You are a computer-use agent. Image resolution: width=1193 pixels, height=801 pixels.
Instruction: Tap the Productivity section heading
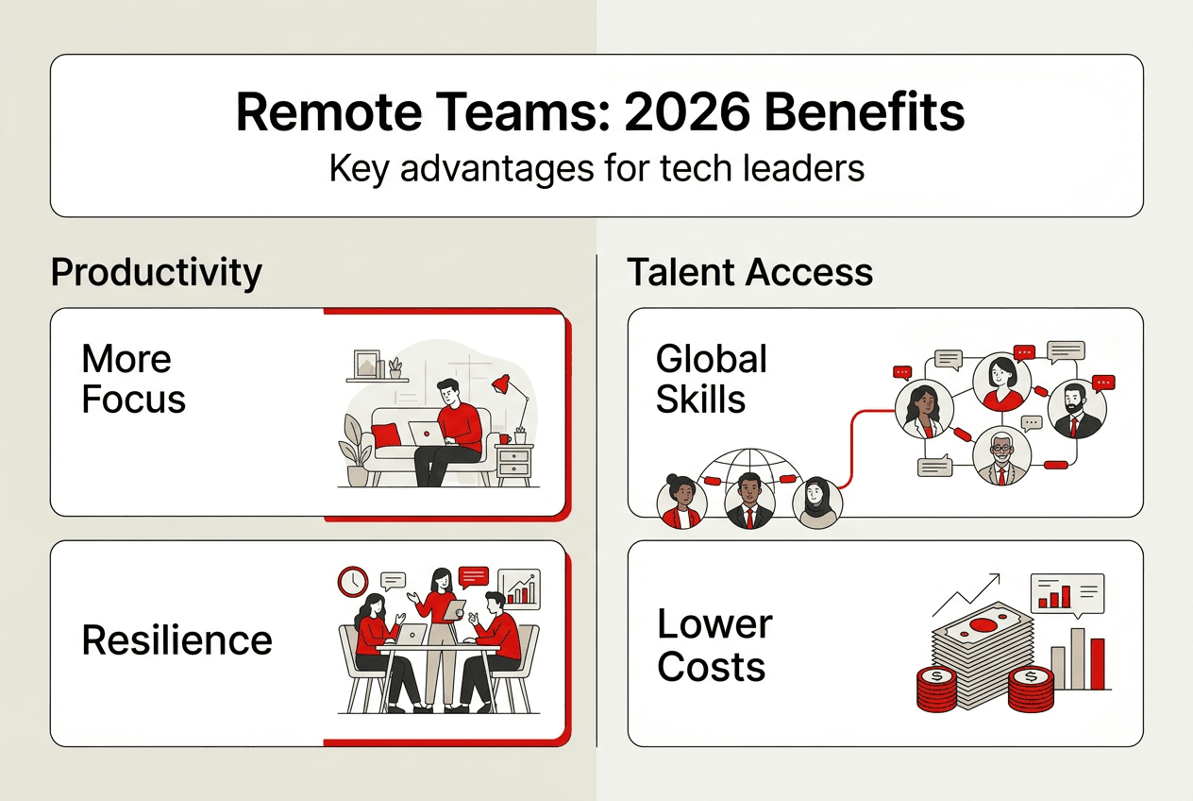pyautogui.click(x=157, y=272)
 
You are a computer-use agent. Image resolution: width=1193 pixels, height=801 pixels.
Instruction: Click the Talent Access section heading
pyautogui.click(x=750, y=272)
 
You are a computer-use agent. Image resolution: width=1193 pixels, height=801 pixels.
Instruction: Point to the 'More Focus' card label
pyautogui.click(x=133, y=379)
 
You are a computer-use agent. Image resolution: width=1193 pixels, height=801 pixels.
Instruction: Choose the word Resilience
pyautogui.click(x=176, y=640)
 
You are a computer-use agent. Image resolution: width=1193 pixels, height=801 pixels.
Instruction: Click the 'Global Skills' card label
pyautogui.click(x=712, y=379)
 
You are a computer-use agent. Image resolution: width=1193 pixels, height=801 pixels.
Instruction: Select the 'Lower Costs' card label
pyautogui.click(x=714, y=646)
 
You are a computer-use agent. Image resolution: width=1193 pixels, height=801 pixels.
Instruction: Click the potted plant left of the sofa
pyautogui.click(x=357, y=452)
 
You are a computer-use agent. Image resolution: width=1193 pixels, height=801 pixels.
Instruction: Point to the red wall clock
pyautogui.click(x=353, y=581)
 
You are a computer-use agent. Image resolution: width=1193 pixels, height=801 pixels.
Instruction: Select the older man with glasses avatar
pyautogui.click(x=1001, y=458)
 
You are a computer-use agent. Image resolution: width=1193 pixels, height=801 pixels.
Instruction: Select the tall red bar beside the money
pyautogui.click(x=1098, y=663)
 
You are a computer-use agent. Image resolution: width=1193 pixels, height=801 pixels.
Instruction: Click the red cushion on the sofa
pyautogui.click(x=385, y=435)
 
